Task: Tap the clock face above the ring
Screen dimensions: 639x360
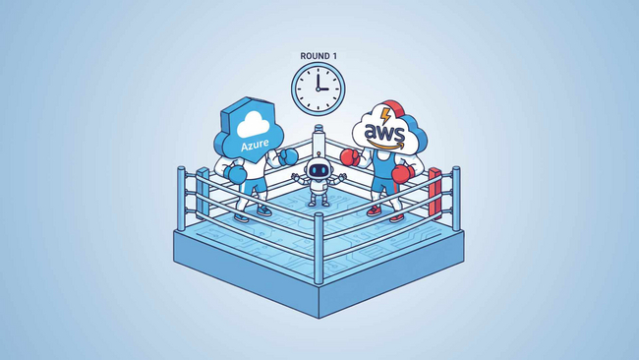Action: click(x=317, y=89)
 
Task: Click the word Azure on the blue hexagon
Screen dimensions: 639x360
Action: click(x=257, y=146)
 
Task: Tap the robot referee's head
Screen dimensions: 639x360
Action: click(x=317, y=170)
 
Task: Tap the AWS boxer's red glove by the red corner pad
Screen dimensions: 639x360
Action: click(x=402, y=172)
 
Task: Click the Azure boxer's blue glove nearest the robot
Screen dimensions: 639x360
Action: click(x=290, y=156)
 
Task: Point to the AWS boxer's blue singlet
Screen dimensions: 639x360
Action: click(x=381, y=172)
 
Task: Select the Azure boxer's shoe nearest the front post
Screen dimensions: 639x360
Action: click(x=263, y=210)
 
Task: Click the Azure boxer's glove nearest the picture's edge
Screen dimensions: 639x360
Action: click(x=235, y=172)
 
